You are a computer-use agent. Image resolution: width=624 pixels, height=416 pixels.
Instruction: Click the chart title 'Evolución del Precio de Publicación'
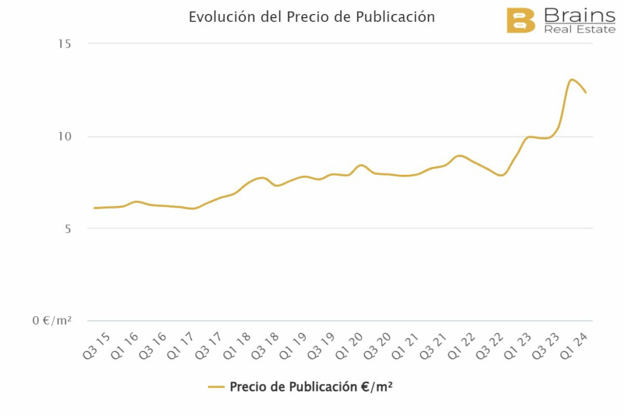(311, 17)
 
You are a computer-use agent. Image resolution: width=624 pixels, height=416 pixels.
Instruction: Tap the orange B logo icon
(520, 21)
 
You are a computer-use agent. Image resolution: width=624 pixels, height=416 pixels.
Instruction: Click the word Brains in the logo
(580, 15)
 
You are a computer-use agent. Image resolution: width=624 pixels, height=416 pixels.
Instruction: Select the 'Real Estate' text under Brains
(580, 29)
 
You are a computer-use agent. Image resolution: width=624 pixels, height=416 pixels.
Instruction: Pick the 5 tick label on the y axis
(67, 229)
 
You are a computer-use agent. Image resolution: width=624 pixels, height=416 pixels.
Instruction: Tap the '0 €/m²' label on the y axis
(52, 320)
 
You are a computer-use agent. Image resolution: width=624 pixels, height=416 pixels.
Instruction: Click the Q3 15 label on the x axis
(96, 345)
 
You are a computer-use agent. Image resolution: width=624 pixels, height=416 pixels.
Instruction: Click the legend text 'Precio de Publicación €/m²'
(311, 387)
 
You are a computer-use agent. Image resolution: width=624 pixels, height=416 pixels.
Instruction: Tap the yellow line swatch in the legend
(216, 387)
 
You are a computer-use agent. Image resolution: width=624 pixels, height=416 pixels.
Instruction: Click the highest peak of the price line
(572, 79)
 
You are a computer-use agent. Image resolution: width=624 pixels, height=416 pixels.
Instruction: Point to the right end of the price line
(586, 93)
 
